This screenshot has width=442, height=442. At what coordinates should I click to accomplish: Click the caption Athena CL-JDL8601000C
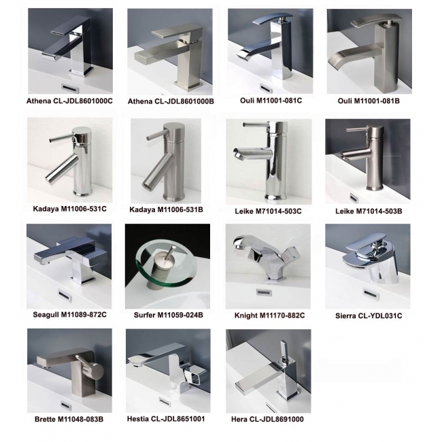point(69,101)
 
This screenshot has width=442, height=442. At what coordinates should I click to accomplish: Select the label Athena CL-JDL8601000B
point(171,101)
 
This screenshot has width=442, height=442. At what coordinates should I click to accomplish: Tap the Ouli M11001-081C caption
point(271,101)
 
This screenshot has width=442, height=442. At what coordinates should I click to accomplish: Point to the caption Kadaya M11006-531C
point(69,209)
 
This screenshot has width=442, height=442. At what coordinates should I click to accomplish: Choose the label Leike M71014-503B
point(369,211)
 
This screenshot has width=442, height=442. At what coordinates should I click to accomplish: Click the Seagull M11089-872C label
point(69,315)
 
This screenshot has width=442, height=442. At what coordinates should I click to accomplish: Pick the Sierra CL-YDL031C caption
point(369,316)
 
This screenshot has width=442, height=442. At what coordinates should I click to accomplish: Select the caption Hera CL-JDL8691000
point(267,419)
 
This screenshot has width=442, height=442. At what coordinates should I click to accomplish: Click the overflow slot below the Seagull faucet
point(64,294)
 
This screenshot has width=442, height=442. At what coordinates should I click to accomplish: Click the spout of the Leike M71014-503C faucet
point(252,154)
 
